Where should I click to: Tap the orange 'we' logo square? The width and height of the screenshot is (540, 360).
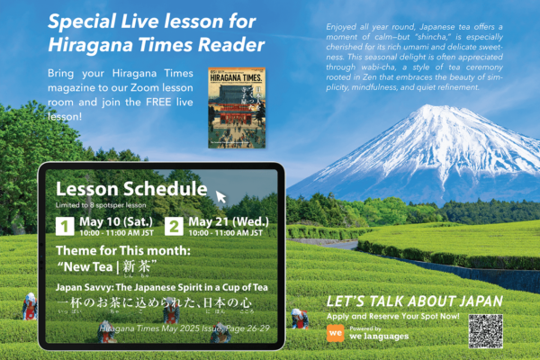click(x=335, y=331)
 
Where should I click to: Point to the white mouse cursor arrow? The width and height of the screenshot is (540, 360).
click(x=220, y=195)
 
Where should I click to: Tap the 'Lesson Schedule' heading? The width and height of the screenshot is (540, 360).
click(x=131, y=189)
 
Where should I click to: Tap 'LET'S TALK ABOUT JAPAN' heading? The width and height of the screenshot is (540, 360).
click(x=414, y=301)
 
